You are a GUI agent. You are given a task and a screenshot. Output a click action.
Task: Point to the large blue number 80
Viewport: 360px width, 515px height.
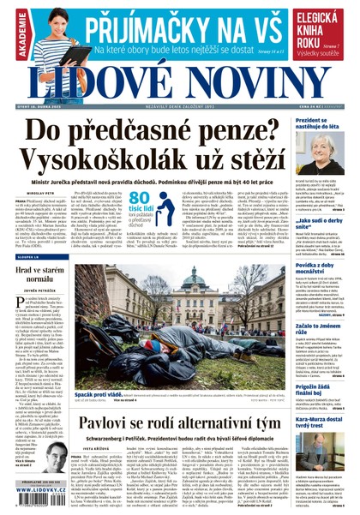143,201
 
